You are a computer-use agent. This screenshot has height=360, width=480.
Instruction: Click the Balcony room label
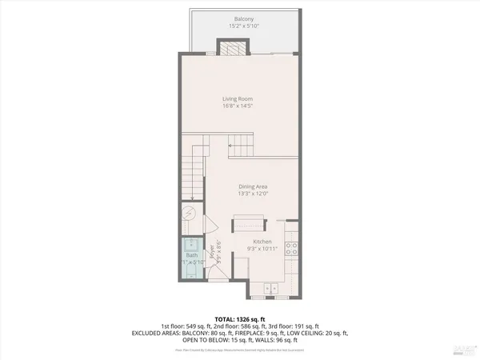[x=243, y=18]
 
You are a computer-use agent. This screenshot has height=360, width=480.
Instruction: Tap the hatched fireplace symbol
[x=233, y=47]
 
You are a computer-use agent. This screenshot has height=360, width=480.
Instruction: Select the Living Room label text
[x=238, y=98]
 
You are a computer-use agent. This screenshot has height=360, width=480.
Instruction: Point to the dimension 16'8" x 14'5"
[x=238, y=106]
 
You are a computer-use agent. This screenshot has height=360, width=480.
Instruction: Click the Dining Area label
[x=252, y=186]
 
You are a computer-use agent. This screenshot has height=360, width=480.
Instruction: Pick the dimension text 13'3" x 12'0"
[x=252, y=194]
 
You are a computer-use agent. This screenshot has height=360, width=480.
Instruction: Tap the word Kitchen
[x=262, y=242]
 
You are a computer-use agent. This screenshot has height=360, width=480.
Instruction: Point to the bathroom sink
[x=192, y=244]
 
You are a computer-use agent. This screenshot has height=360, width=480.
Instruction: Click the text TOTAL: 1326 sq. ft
[x=239, y=318]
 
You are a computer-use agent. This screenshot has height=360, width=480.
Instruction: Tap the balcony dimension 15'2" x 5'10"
[x=243, y=26]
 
